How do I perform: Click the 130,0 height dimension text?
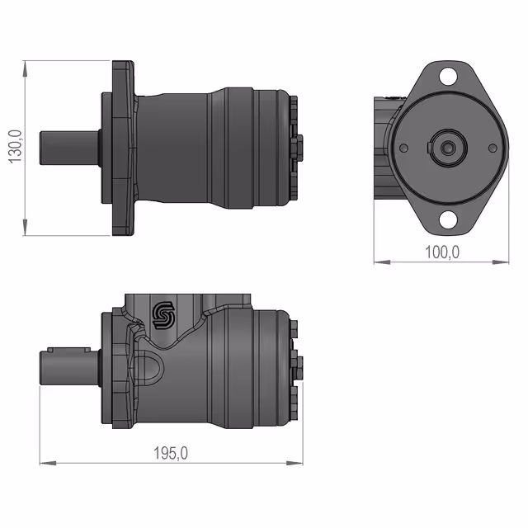point(15,147)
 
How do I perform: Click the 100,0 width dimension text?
point(442,252)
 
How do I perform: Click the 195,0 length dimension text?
point(171,453)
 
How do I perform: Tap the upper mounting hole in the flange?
point(448,76)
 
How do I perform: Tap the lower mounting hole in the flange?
point(448,219)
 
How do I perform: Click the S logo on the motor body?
point(163,315)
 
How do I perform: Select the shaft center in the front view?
point(447,148)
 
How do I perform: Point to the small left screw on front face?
point(403,148)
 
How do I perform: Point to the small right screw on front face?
point(493,148)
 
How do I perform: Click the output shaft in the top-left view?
point(70,148)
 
